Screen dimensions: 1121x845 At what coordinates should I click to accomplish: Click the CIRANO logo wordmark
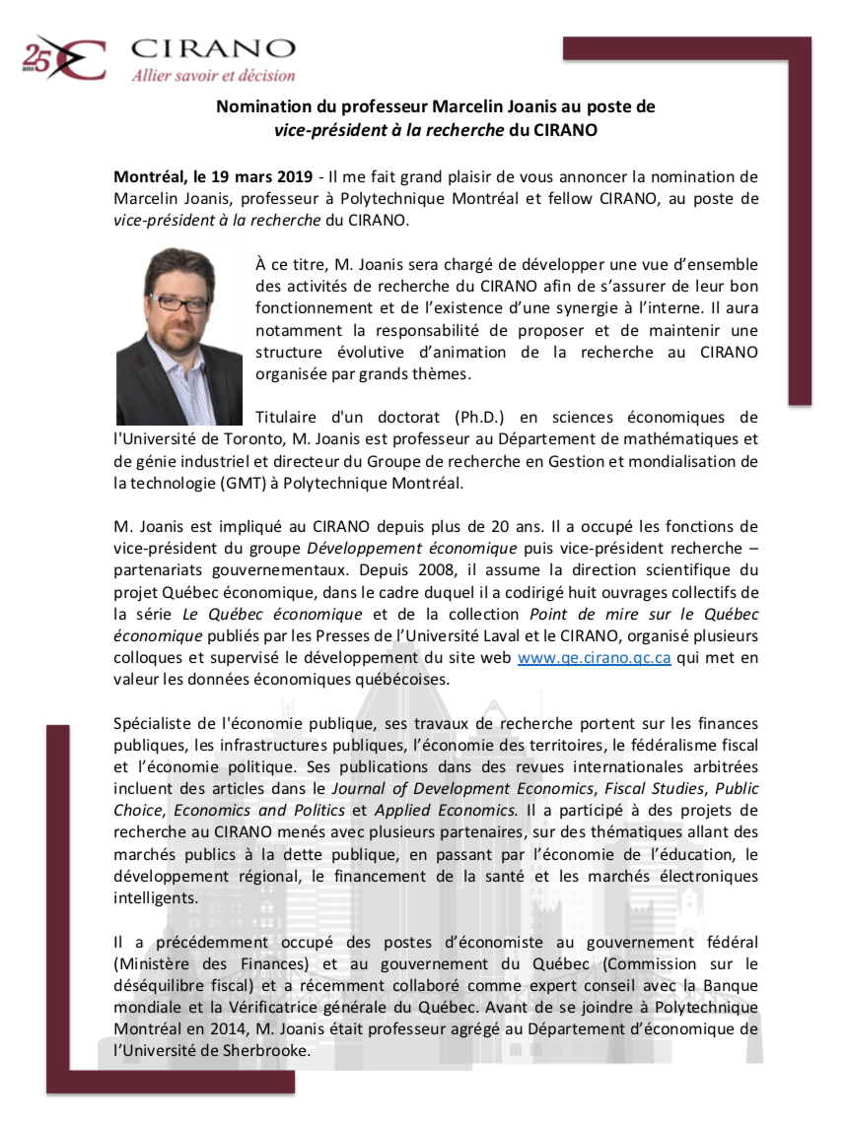212,49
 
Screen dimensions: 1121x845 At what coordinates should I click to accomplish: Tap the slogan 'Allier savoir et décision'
213,75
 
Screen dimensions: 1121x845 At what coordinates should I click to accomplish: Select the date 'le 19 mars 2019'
250,177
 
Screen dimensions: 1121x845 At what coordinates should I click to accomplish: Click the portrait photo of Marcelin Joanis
179,336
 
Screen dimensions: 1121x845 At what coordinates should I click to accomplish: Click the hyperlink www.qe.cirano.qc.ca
595,659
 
